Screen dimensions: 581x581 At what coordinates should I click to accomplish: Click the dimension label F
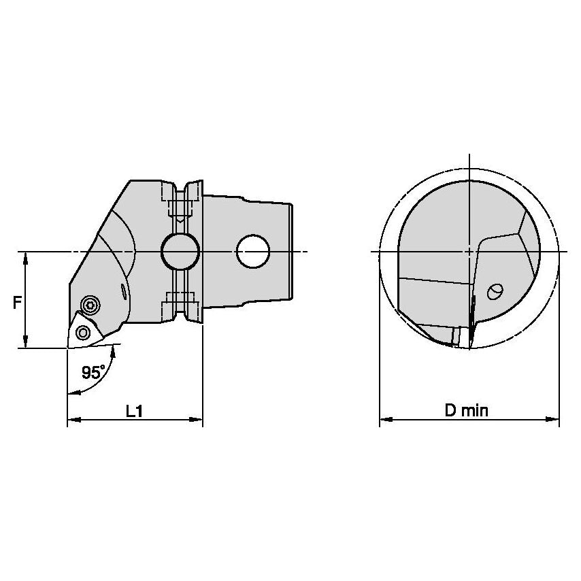[16, 302]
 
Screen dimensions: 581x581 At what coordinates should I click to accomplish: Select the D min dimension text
[467, 410]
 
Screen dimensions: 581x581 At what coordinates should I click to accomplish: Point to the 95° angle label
[93, 372]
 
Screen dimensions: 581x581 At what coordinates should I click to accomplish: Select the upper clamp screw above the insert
[88, 305]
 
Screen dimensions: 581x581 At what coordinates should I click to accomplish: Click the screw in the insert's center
[84, 332]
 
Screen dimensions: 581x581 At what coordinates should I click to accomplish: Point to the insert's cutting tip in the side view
[68, 348]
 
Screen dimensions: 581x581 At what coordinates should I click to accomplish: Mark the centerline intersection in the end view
[469, 252]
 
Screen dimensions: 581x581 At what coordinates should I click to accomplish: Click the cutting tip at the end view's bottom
[469, 348]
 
